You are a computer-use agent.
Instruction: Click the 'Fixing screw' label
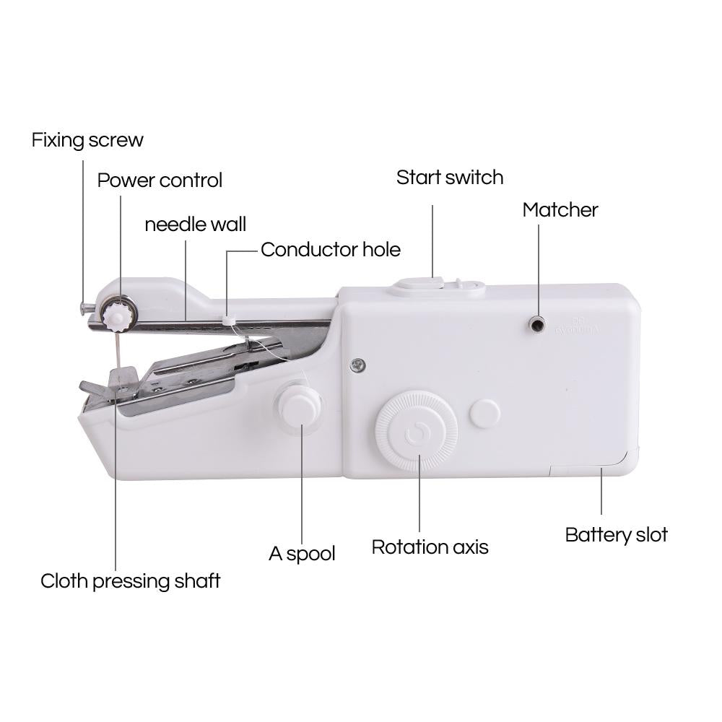click(x=87, y=140)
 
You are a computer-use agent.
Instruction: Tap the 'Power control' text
click(x=160, y=180)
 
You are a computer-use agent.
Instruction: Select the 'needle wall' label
click(x=195, y=224)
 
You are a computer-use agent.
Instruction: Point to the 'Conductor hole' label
click(x=330, y=250)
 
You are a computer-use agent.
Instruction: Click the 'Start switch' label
click(x=449, y=178)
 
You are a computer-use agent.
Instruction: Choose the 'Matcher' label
click(x=560, y=210)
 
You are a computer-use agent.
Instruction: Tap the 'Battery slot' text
click(x=616, y=535)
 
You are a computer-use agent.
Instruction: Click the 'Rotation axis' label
click(x=430, y=547)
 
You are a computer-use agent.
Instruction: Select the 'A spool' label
click(x=302, y=554)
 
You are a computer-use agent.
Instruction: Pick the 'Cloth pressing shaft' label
click(x=130, y=580)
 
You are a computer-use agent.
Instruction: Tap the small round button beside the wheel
click(x=484, y=414)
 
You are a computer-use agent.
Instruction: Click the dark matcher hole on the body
click(x=537, y=325)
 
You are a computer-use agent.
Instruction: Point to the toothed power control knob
click(x=116, y=315)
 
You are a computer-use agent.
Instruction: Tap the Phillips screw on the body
click(x=357, y=365)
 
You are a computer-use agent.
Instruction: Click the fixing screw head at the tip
click(x=84, y=308)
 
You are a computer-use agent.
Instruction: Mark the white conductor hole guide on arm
click(x=229, y=318)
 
